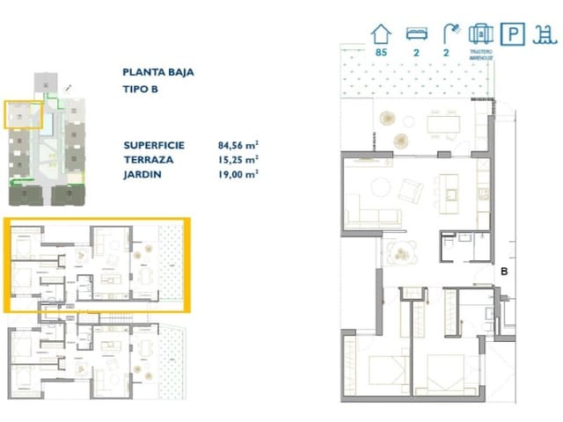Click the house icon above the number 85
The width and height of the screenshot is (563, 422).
[x=381, y=34]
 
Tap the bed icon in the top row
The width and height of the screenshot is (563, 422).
[x=415, y=34]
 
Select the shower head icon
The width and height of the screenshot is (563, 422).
[x=448, y=34]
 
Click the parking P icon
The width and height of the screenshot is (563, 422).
[x=511, y=35]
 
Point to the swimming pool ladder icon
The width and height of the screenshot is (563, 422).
[x=545, y=34]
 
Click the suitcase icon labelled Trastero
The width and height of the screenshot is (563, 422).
[x=479, y=34]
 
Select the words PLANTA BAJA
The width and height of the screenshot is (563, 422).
[x=158, y=73]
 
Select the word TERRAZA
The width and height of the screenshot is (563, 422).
[x=149, y=160]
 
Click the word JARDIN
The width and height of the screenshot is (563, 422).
[x=143, y=174]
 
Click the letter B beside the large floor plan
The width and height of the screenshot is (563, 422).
[x=504, y=272]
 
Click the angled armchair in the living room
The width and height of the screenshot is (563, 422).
[x=410, y=189]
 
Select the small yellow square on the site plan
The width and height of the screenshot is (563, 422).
[x=24, y=115]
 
